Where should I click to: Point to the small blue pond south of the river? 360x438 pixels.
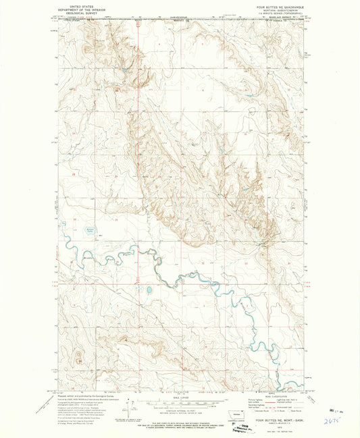pyautogui.click(x=147, y=290)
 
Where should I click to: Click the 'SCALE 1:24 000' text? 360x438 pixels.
pyautogui.click(x=180, y=397)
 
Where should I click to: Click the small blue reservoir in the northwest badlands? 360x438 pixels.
pyautogui.click(x=124, y=68)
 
